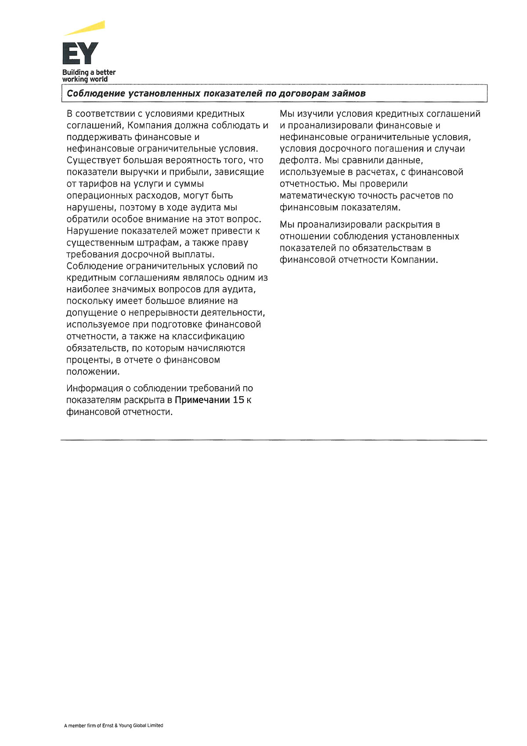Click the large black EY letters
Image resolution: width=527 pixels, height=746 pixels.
pos(80,54)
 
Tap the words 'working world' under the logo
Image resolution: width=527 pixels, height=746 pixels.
pos(85,80)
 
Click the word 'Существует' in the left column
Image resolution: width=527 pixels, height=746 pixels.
pos(93,160)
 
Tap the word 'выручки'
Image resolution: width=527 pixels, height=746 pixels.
pos(139,172)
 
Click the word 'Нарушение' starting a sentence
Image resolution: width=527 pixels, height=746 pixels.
pos(92,231)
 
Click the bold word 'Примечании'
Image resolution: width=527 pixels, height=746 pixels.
pos(202,400)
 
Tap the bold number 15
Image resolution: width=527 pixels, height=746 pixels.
pos(238,400)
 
